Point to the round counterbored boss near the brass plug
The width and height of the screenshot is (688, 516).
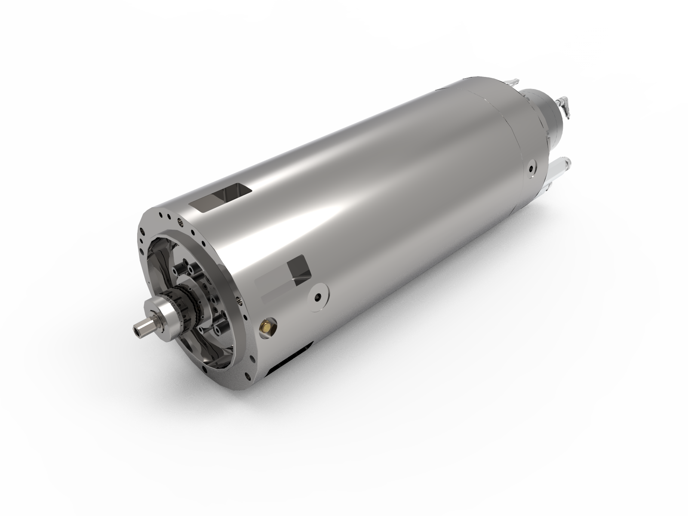pos(319,297)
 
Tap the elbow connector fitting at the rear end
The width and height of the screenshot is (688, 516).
pos(564,105)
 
